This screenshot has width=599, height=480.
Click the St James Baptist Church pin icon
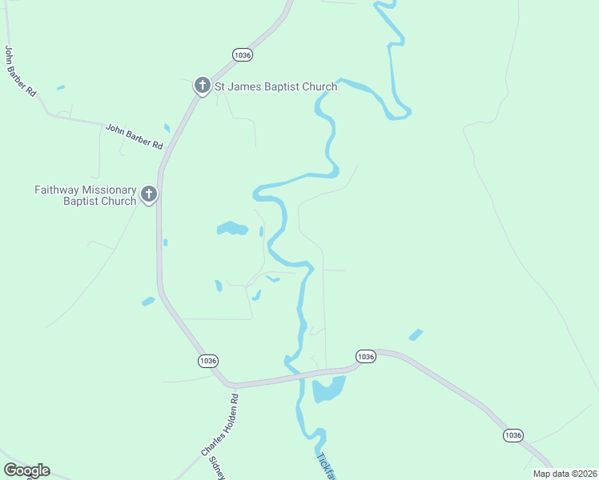click(x=203, y=86)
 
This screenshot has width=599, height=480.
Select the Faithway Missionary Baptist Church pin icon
click(x=148, y=194)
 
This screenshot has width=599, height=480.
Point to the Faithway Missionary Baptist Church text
click(x=86, y=195)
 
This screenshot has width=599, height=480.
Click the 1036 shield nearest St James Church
click(x=243, y=54)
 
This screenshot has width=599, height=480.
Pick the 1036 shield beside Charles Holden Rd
click(x=208, y=362)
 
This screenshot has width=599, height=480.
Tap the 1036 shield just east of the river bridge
click(x=365, y=356)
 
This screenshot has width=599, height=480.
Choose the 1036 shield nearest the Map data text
click(x=513, y=435)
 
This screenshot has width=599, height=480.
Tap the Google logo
click(x=26, y=470)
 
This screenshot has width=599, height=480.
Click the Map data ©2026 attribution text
click(x=565, y=473)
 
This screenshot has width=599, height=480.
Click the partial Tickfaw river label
click(x=326, y=468)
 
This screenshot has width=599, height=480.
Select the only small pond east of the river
click(x=416, y=334)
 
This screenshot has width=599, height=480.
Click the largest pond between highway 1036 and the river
click(x=231, y=229)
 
